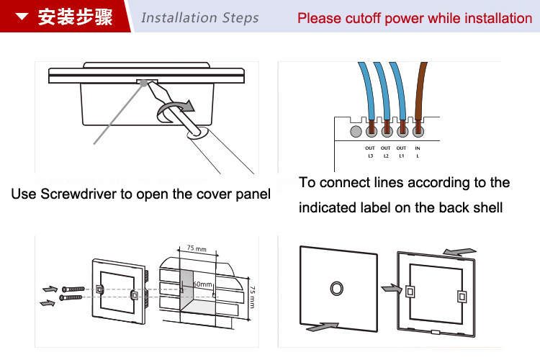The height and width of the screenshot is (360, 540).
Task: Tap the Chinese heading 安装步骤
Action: [75, 17]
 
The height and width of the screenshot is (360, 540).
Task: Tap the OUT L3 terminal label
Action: [371, 152]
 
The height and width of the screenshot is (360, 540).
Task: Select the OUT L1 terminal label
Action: [402, 152]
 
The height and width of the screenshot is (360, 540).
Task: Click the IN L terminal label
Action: [418, 152]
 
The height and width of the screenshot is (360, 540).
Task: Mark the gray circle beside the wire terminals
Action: [355, 132]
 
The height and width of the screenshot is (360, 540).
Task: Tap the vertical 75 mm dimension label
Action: [251, 296]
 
